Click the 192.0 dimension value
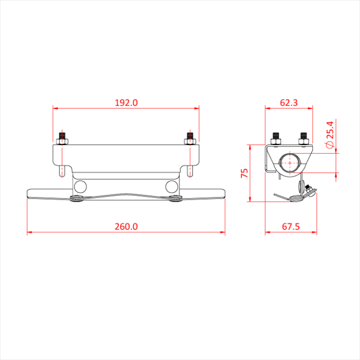coord(126,102)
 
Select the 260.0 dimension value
coord(126,226)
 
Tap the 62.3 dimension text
coord(289,102)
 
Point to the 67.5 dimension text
coord(291,226)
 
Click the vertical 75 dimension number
coord(245,173)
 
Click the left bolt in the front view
coord(64,138)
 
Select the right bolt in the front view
coord(190,138)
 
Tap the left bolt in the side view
coord(276,138)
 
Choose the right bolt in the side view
coord(303,138)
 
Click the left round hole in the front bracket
coord(79,185)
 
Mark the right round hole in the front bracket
coord(172,185)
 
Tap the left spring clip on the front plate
coord(77,199)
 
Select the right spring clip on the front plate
coord(174,199)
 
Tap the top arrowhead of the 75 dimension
coord(250,146)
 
